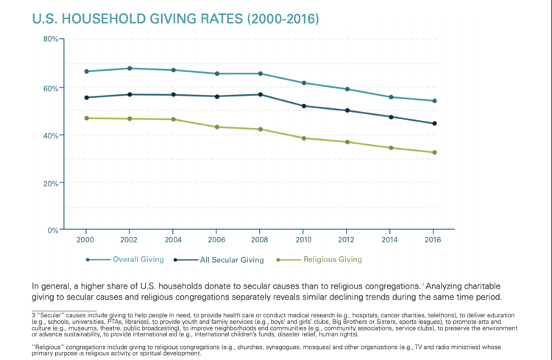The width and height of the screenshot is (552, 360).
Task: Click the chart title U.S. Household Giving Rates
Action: (x=175, y=18)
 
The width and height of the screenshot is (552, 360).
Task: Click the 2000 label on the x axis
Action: (x=87, y=240)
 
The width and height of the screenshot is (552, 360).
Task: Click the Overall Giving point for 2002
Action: (x=130, y=68)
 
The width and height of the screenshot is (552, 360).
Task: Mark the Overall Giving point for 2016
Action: (x=434, y=101)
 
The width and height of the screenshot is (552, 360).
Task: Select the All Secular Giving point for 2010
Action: (x=304, y=106)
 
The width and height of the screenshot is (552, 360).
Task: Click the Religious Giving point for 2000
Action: (x=87, y=118)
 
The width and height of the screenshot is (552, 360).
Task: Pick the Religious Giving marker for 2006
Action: (x=217, y=127)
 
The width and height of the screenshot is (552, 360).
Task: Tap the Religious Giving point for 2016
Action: (x=434, y=152)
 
